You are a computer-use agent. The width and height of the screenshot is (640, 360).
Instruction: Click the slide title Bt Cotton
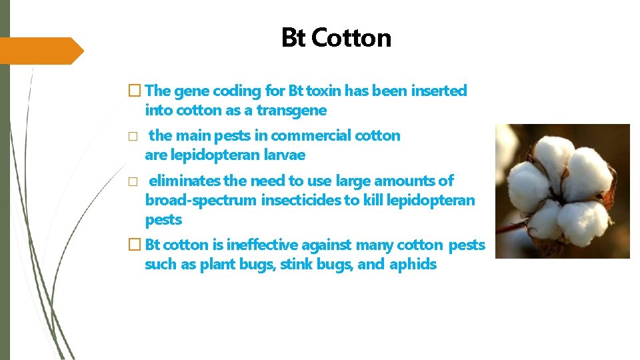click(336, 38)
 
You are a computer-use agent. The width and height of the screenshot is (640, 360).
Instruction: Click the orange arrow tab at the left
click(40, 51)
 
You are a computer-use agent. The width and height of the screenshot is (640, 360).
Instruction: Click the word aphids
click(413, 265)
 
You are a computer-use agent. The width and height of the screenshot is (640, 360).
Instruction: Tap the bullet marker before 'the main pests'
click(133, 136)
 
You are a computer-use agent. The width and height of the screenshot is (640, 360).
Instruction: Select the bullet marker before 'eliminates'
click(133, 181)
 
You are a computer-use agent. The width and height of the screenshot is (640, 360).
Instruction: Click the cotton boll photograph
click(562, 191)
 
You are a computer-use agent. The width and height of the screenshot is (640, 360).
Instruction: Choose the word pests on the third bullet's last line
click(163, 219)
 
